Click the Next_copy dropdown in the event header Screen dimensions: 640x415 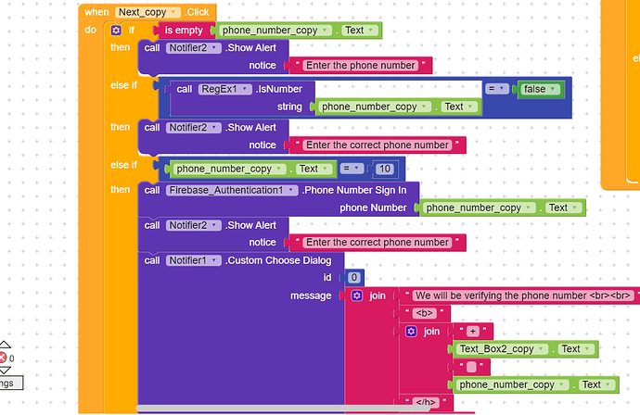[147, 12]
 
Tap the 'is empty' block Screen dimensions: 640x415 [184, 31]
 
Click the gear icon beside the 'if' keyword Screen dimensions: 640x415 [116, 31]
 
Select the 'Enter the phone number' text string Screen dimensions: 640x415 [361, 65]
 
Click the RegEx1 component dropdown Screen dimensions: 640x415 [224, 89]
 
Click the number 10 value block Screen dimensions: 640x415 [385, 169]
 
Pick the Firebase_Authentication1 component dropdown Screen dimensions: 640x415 [232, 191]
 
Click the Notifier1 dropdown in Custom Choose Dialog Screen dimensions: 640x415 [194, 260]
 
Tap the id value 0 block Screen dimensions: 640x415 [354, 278]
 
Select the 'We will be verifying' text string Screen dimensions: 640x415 [523, 296]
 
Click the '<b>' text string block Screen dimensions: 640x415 [425, 313]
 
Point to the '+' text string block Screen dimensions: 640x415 [473, 331]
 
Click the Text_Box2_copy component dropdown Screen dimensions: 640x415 [502, 349]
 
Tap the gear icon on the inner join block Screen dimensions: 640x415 [411, 331]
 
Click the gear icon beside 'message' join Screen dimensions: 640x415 [357, 296]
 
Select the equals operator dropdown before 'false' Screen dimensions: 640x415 [497, 89]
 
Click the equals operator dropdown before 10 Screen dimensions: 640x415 [352, 169]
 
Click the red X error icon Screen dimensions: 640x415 [3, 358]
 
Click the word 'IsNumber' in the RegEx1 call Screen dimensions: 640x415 [279, 89]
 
